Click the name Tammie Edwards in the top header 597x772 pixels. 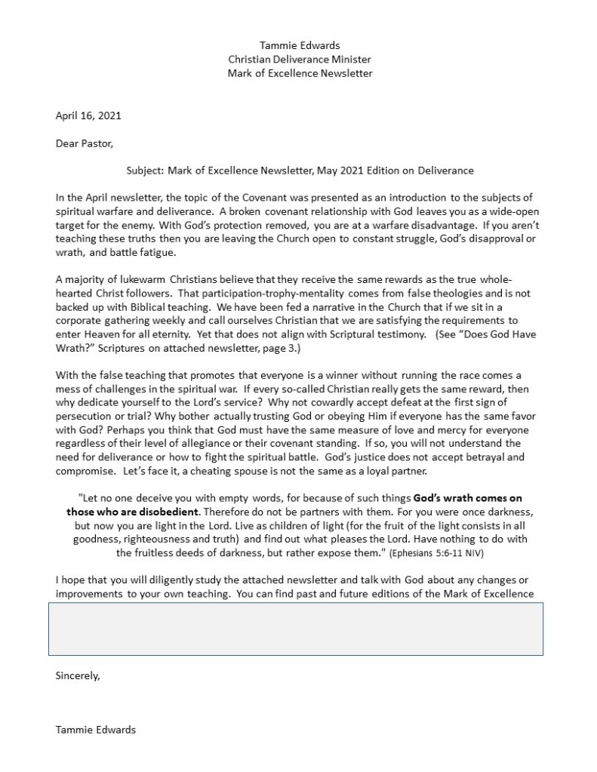pyautogui.click(x=300, y=45)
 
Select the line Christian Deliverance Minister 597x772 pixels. pyautogui.click(x=300, y=60)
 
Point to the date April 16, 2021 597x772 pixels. pyautogui.click(x=88, y=115)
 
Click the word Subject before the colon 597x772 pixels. pyautogui.click(x=143, y=171)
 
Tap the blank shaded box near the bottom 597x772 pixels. pyautogui.click(x=296, y=628)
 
